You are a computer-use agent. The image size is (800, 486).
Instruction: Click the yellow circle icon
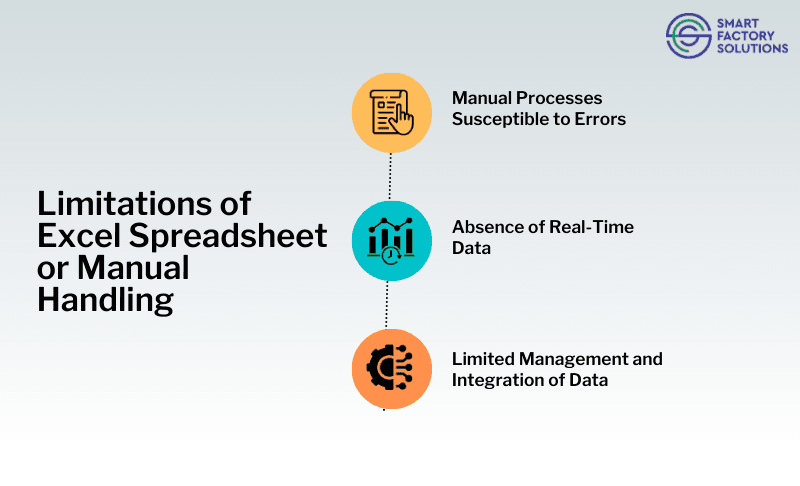coord(390,112)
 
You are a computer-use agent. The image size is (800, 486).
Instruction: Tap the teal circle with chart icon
coord(390,241)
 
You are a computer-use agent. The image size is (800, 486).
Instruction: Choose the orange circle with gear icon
coord(390,368)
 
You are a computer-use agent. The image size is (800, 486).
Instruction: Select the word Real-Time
coord(597,227)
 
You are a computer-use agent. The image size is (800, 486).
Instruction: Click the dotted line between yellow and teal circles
coord(390,176)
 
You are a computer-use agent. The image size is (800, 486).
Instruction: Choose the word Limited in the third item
coord(482,358)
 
